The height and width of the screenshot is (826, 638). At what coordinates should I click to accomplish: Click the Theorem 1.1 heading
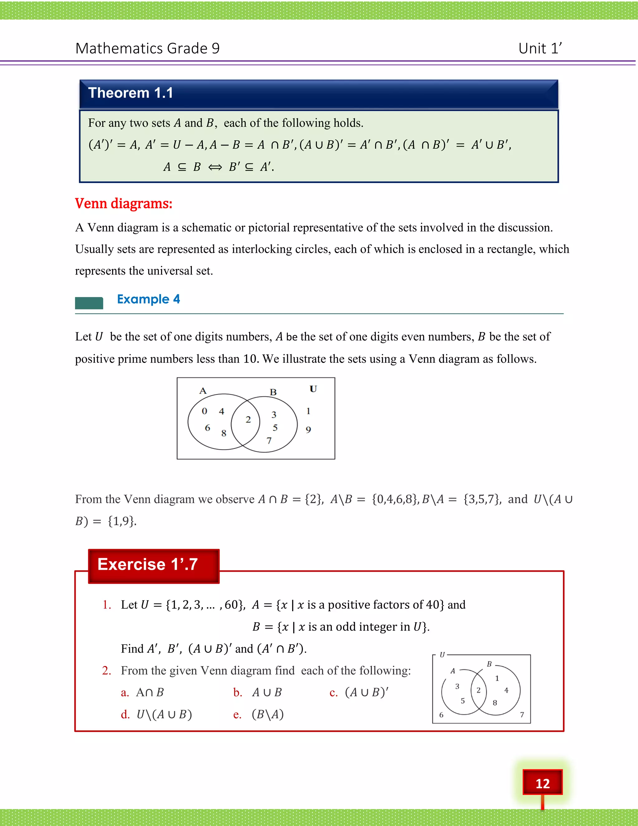pos(131,93)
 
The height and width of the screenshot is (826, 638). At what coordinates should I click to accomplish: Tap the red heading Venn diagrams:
pos(124,204)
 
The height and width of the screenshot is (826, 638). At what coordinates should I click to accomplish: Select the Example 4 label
pos(148,299)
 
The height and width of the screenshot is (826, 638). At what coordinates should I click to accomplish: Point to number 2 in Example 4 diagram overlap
pos(248,420)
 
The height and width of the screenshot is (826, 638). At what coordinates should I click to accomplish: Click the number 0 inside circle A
pos(204,411)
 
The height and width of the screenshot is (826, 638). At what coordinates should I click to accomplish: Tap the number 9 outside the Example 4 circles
pos(308,430)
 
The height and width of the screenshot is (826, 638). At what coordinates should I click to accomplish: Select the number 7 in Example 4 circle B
pos(269,441)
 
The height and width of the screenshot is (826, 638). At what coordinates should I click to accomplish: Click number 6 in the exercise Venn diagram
pos(441,715)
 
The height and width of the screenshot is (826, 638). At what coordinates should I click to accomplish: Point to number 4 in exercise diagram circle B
pos(507,690)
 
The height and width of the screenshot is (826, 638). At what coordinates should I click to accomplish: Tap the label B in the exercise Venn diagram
pos(489,664)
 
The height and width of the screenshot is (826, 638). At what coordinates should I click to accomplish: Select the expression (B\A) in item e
pos(268,714)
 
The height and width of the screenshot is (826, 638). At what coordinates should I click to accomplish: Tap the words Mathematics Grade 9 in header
pos(147,48)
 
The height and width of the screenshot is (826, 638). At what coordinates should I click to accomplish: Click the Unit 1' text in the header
pos(540,48)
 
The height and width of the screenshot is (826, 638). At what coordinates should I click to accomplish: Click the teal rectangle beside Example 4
pos(89,303)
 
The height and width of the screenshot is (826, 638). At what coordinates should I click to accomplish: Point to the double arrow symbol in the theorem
pos(215,167)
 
